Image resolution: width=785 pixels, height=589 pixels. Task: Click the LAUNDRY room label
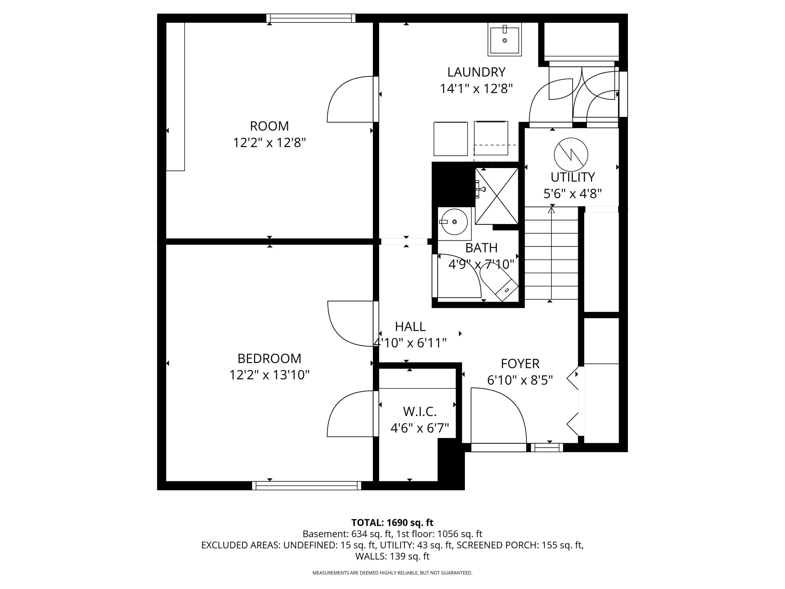click(476, 72)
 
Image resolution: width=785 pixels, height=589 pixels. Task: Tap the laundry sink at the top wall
click(504, 40)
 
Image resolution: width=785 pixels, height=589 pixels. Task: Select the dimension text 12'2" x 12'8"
click(269, 143)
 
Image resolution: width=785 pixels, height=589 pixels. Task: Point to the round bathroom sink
click(454, 222)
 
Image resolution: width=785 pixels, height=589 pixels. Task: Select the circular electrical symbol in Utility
click(571, 154)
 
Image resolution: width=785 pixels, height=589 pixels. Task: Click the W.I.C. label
click(419, 412)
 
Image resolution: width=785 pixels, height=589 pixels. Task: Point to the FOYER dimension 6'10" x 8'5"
click(520, 380)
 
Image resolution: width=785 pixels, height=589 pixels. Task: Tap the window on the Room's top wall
click(311, 18)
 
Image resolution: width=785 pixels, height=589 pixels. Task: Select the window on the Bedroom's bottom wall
click(307, 485)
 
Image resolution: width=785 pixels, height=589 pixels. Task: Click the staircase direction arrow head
click(551, 210)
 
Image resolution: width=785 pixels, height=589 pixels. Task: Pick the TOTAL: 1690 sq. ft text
click(392, 523)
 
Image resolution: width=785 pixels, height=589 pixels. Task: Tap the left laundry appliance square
click(450, 138)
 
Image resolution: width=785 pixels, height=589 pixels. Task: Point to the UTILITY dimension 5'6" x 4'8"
click(573, 193)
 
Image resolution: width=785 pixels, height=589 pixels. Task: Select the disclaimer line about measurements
click(392, 573)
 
